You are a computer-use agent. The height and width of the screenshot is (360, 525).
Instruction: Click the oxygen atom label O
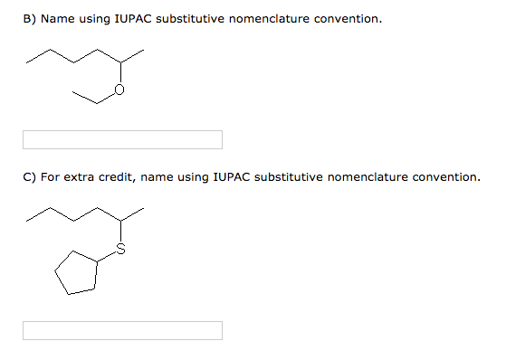[119, 90]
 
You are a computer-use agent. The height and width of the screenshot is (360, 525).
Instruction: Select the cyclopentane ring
[77, 273]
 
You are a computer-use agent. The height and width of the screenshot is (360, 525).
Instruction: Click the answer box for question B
[122, 140]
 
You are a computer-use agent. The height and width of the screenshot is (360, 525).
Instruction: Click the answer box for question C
[122, 331]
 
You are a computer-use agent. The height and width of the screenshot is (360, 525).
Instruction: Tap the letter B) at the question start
[29, 19]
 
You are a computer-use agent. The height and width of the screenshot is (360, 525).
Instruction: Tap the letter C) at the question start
[29, 177]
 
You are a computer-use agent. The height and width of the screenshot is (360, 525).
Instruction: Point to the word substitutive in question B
[191, 19]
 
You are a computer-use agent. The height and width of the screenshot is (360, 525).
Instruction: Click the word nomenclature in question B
[270, 19]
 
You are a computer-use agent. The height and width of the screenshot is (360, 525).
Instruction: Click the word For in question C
[50, 177]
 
